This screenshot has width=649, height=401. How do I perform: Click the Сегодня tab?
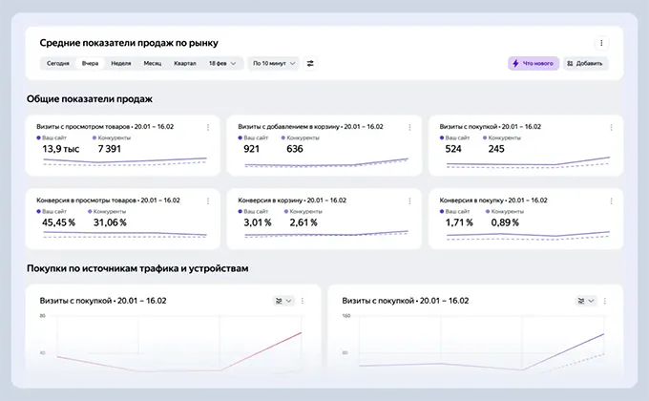(57, 63)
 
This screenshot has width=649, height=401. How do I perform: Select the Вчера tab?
(90, 63)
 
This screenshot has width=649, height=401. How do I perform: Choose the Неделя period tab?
(120, 63)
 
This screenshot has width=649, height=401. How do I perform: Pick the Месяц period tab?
(153, 63)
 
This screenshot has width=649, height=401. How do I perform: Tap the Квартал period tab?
(185, 63)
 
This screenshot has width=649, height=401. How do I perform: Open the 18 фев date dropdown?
(222, 63)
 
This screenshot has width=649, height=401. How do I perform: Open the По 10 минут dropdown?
(273, 63)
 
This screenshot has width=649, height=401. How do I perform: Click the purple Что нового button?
(533, 63)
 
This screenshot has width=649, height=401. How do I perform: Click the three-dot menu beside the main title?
(600, 43)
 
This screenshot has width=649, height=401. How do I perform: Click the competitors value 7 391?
(110, 149)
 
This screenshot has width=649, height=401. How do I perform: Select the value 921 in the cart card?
(252, 149)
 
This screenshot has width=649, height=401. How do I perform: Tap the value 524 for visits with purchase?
(453, 149)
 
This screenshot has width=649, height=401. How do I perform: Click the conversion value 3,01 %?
(258, 222)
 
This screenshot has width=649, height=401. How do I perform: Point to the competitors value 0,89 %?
(504, 222)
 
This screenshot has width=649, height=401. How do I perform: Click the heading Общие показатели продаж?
(90, 98)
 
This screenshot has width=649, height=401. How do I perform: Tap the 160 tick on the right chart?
(346, 315)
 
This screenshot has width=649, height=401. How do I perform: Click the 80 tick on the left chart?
(43, 315)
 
